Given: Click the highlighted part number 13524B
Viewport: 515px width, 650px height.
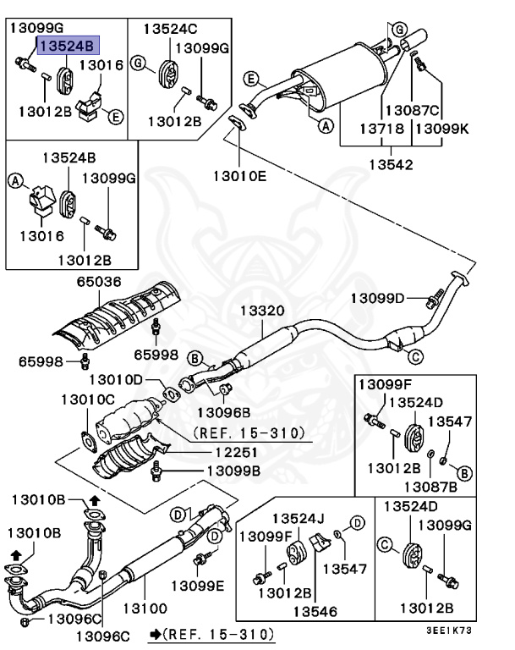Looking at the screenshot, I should (x=68, y=45).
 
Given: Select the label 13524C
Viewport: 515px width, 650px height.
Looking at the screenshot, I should (x=169, y=29).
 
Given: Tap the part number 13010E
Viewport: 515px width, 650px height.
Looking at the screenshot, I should (x=238, y=177).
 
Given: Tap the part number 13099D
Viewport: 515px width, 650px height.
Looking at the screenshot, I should (x=378, y=297).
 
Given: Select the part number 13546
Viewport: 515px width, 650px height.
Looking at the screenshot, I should (x=316, y=610).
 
